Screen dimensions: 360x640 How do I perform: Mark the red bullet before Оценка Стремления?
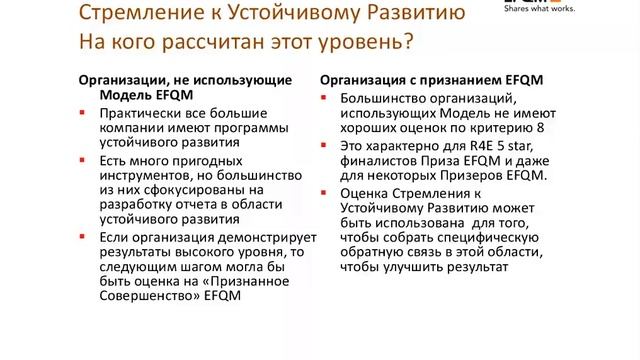(325, 192)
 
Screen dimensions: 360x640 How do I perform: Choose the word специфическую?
(476, 238)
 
